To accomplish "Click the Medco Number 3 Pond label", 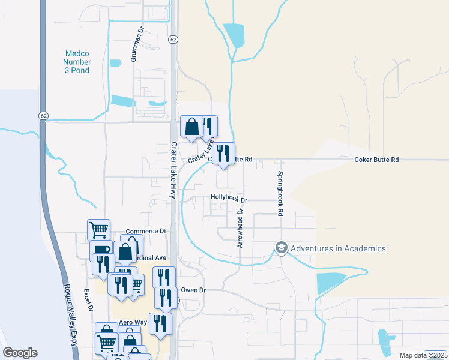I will (x=77, y=62).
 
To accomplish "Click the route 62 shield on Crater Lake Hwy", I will (x=173, y=40).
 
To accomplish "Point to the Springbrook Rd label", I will (x=280, y=194).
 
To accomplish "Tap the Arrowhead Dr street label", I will (x=240, y=228).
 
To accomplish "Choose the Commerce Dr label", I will (x=146, y=231).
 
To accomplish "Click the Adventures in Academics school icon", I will (x=280, y=248).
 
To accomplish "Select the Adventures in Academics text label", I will (x=337, y=248).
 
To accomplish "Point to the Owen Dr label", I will (x=193, y=290).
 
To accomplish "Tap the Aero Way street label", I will (x=133, y=322).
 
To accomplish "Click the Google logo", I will (x=20, y=353).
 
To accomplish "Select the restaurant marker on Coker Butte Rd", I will (x=223, y=154).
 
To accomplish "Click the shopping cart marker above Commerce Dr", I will (x=98, y=229).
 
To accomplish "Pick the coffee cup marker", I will (x=100, y=250).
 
